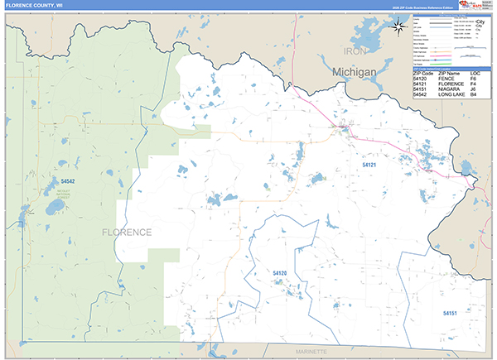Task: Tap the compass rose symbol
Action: click(398, 26)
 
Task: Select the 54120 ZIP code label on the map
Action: click(279, 273)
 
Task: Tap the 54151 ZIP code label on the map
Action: click(450, 314)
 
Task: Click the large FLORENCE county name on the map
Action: click(127, 232)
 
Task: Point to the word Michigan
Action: click(355, 73)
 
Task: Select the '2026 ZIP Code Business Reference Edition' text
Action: click(414, 6)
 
